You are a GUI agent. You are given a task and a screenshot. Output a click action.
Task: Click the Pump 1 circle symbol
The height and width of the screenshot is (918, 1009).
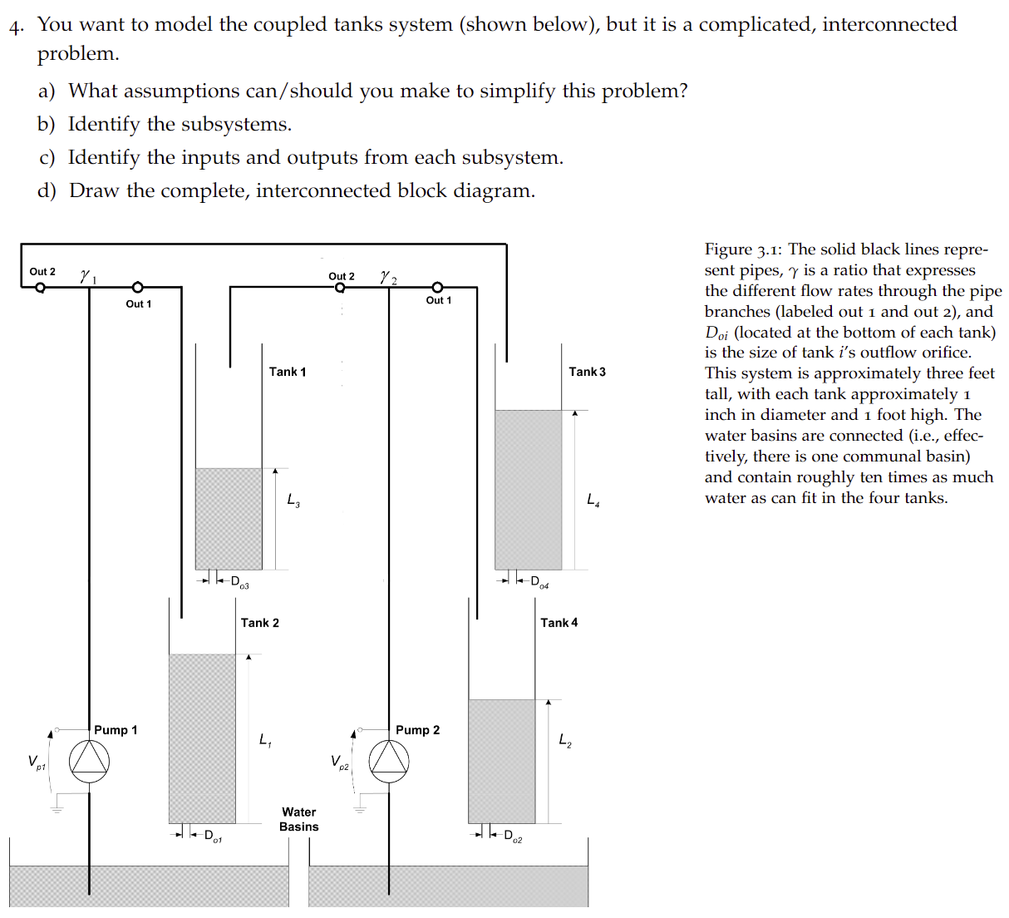click(x=89, y=760)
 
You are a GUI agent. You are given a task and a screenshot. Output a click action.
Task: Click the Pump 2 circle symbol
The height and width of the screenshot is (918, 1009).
click(x=389, y=760)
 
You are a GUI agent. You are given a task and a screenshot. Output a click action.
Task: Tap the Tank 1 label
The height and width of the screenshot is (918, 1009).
click(x=288, y=372)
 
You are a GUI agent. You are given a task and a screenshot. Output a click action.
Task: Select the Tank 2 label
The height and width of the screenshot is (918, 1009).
click(x=260, y=623)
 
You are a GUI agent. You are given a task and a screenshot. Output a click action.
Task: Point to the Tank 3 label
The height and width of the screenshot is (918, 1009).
click(x=587, y=372)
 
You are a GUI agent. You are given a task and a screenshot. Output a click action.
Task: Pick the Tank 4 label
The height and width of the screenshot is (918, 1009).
click(x=559, y=623)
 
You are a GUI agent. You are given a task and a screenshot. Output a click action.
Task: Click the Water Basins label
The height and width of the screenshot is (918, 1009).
click(x=299, y=819)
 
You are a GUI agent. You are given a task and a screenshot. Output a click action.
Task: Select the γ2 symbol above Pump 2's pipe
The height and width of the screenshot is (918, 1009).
click(x=388, y=277)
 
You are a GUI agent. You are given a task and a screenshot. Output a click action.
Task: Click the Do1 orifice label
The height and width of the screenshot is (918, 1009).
click(x=213, y=836)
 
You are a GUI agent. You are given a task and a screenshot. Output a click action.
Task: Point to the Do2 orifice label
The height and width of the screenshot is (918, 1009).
click(x=513, y=836)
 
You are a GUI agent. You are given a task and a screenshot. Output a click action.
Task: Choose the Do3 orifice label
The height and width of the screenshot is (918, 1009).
click(x=239, y=582)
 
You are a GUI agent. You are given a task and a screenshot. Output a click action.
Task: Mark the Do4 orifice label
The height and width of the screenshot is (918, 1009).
click(x=539, y=582)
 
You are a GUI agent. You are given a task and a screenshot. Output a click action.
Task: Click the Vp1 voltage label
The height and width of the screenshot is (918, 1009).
click(x=37, y=762)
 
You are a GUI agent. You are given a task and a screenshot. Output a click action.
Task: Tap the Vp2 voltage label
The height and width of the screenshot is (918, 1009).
click(x=339, y=762)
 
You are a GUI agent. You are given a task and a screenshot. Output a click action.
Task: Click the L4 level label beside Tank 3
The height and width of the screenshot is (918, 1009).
click(x=593, y=500)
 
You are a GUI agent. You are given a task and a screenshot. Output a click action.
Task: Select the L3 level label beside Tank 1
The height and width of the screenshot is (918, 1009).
click(x=293, y=500)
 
